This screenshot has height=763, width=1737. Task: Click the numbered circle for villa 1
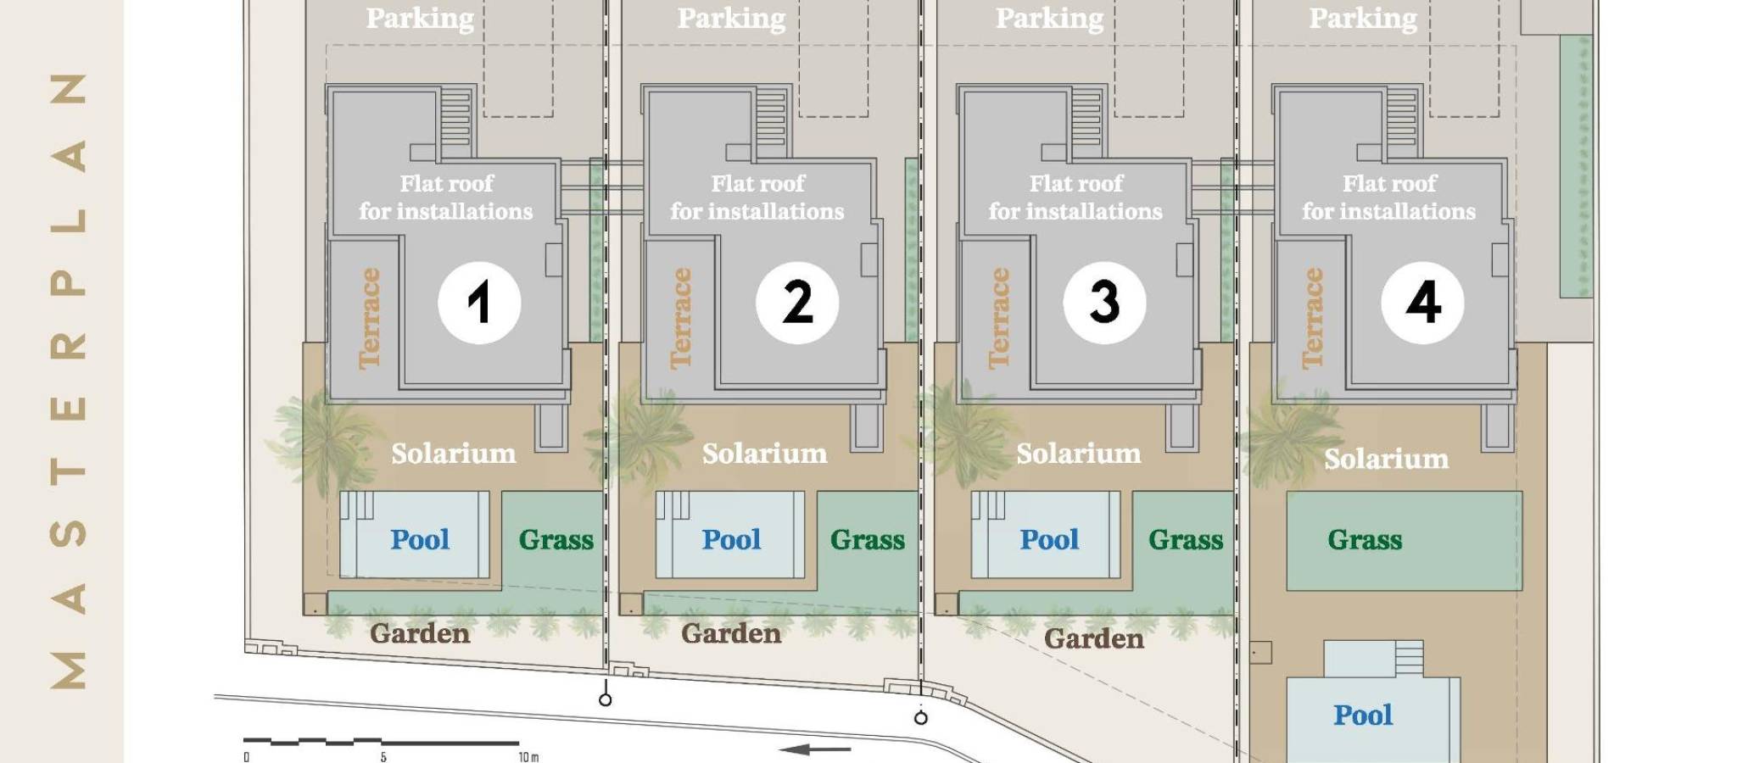[x=479, y=303]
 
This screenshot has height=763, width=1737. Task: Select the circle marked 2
[x=797, y=303]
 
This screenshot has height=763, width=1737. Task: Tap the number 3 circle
[x=1104, y=303]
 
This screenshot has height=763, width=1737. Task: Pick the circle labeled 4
[x=1422, y=303]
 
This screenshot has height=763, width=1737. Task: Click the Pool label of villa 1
[x=420, y=539]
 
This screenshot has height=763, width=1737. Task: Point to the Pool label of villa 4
[x=1363, y=715]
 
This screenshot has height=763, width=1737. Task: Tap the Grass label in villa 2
[x=868, y=540]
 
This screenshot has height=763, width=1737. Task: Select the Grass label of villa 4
[x=1365, y=540]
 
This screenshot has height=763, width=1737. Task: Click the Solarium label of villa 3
[x=1079, y=454]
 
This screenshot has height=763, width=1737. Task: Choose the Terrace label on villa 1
[x=369, y=318]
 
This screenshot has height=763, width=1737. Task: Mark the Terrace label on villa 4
[x=1313, y=318]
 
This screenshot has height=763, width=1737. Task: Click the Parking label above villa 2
[x=731, y=18]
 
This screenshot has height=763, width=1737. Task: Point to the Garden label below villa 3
[x=1094, y=638]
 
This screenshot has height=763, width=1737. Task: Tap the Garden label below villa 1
[x=420, y=633]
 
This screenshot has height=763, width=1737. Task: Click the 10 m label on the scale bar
[x=528, y=756]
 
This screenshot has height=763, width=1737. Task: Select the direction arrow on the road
[x=815, y=749]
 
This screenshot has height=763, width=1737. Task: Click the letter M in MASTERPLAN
[x=69, y=669]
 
